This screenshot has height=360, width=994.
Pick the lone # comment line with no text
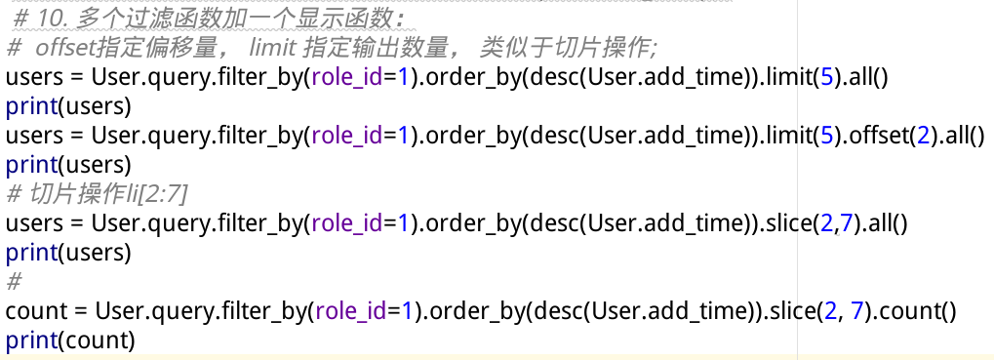click(x=14, y=283)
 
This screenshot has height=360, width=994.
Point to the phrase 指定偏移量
click(x=162, y=47)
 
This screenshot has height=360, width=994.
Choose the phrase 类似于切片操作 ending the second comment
click(x=570, y=47)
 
